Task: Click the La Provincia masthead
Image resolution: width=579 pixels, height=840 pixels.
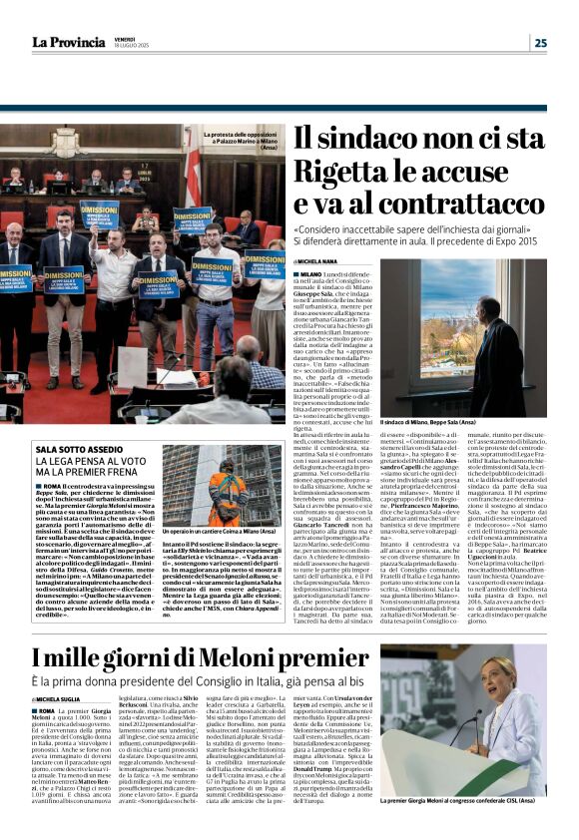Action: point(67,42)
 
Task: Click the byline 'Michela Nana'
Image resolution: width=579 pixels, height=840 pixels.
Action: point(320,261)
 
